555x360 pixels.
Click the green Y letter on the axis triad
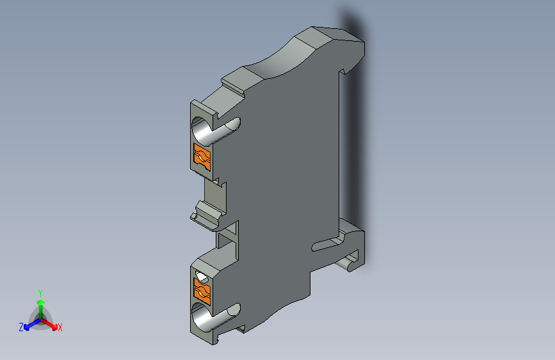pyautogui.click(x=40, y=291)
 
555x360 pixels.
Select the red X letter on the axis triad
pyautogui.click(x=60, y=328)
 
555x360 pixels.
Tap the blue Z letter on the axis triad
pyautogui.click(x=21, y=327)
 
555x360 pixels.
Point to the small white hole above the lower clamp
pyautogui.click(x=202, y=277)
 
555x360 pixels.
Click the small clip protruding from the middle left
pyautogui.click(x=206, y=214)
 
